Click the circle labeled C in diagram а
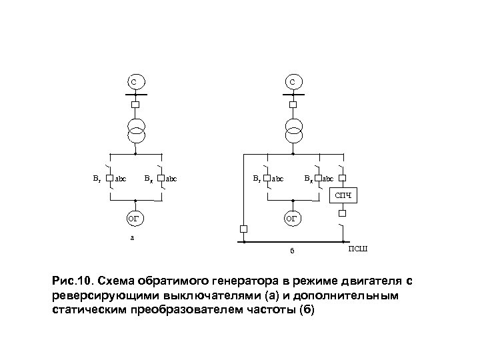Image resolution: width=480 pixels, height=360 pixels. (x=135, y=82)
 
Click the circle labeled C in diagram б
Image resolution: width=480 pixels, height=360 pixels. (x=293, y=82)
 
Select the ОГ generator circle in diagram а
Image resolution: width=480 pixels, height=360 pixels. (x=135, y=218)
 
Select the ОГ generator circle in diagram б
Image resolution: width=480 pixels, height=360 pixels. (x=293, y=218)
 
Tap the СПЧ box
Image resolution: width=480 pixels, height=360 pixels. (x=341, y=195)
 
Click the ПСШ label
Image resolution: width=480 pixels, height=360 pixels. (x=357, y=249)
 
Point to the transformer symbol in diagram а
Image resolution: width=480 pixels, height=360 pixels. (x=135, y=130)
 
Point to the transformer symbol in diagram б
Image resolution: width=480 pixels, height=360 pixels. (x=293, y=130)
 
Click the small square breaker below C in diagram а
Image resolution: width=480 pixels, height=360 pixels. (x=135, y=105)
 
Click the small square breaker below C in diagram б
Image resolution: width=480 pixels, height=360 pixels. (x=293, y=105)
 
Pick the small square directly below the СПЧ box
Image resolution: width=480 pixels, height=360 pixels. (x=341, y=214)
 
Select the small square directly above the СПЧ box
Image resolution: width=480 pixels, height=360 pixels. (x=341, y=179)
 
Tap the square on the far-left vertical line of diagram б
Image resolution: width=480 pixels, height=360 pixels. (x=243, y=229)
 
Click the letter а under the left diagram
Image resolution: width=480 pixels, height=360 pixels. (x=132, y=237)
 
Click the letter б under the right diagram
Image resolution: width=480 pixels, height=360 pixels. (x=291, y=251)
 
